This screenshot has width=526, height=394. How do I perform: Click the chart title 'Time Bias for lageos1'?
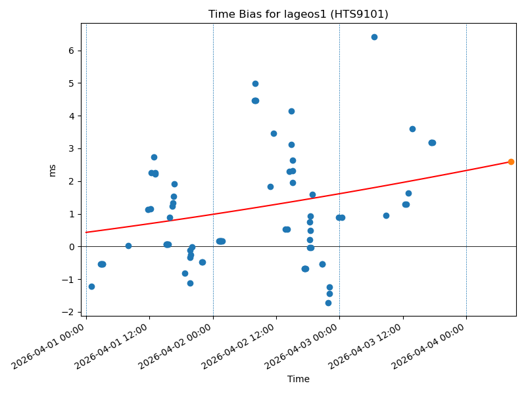tap(298, 14)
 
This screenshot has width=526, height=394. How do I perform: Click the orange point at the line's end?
tap(511, 162)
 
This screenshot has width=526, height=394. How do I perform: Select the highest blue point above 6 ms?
tap(374, 37)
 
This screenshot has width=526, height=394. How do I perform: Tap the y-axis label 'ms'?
tap(53, 170)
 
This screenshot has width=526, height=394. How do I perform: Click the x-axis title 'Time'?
tap(298, 379)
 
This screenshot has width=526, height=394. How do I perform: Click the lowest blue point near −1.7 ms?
tap(328, 303)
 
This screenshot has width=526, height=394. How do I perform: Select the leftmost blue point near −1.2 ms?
tap(91, 286)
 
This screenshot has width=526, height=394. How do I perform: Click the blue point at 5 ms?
tap(255, 83)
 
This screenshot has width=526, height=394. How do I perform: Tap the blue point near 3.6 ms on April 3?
tap(412, 129)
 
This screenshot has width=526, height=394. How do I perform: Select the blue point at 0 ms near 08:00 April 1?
tap(128, 246)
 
